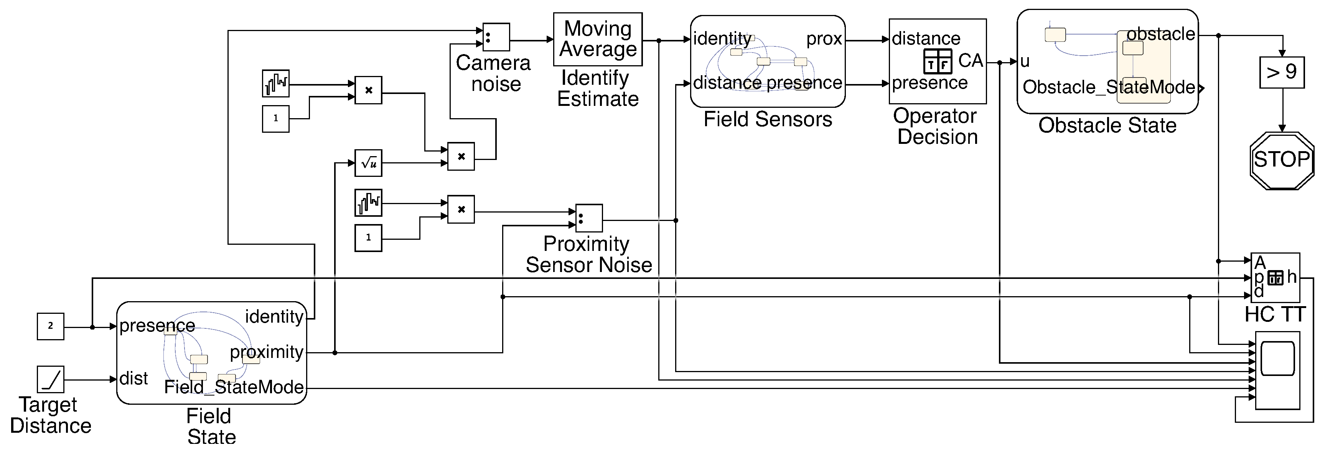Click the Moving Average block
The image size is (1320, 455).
(x=598, y=39)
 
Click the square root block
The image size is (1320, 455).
(x=368, y=163)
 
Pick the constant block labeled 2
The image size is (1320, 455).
(x=50, y=326)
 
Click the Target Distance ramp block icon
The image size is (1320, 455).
(x=50, y=379)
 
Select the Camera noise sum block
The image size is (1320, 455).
(x=496, y=37)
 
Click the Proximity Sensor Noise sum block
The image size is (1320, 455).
(x=589, y=219)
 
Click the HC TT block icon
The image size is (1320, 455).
(x=1275, y=278)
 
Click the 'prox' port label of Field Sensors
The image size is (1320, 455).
(x=824, y=39)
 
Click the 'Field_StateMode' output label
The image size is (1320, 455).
(x=234, y=387)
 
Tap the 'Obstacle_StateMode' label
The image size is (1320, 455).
(x=1108, y=87)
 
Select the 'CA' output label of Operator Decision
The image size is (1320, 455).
(x=971, y=61)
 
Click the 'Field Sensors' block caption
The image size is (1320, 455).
(x=767, y=119)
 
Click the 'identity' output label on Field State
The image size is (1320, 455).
(x=274, y=317)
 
